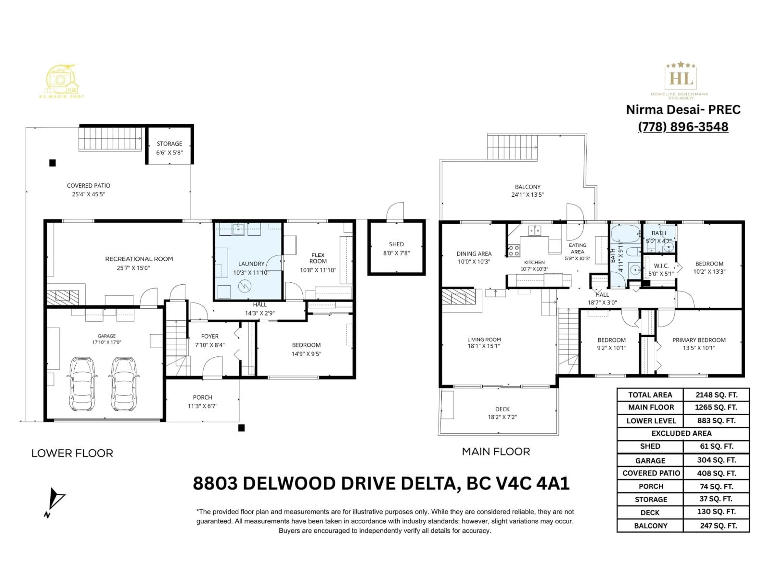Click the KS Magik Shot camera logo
[x=62, y=81]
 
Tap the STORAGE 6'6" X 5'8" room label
[x=169, y=148]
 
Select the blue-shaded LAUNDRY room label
[x=251, y=268]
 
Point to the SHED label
[x=396, y=248]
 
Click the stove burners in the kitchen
[x=514, y=250]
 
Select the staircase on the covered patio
[x=110, y=138]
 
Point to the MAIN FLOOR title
[x=496, y=451]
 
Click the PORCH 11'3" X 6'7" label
[x=203, y=401]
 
